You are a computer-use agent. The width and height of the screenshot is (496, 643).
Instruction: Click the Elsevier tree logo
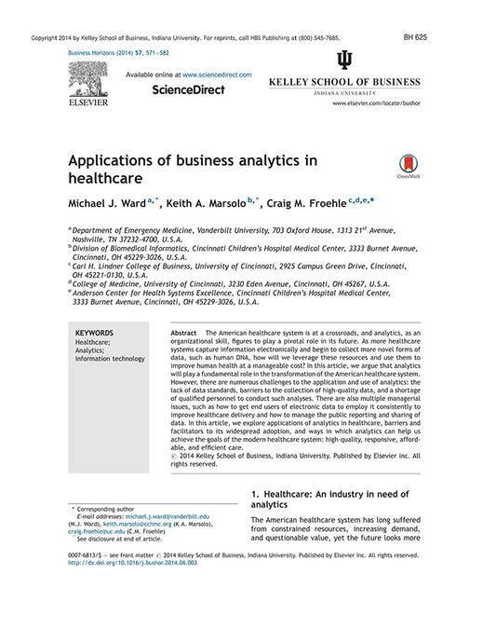pos(87,82)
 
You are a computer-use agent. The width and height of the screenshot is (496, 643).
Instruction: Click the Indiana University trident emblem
pos(345,62)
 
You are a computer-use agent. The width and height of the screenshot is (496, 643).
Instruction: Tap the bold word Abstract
pos(184,333)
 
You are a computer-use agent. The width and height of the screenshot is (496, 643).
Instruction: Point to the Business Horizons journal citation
pos(119,54)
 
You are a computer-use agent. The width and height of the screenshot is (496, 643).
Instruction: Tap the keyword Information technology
pos(110,359)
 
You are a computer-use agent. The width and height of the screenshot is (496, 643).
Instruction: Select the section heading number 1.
pos(255,493)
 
